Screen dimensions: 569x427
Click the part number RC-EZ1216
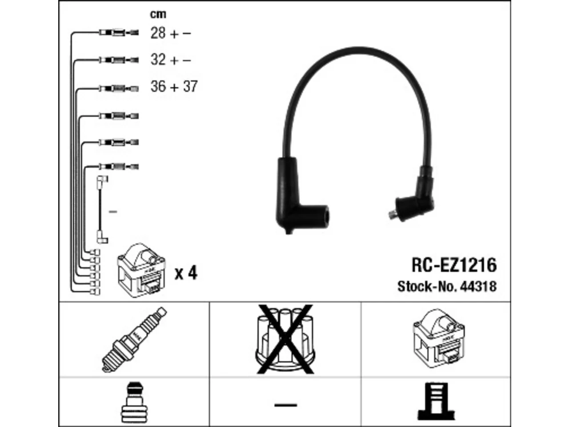454,265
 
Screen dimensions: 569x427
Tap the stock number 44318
478,286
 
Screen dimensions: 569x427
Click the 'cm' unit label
158,14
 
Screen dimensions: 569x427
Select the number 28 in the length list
158,33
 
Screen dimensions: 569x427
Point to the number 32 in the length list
158,60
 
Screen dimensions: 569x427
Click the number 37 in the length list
190,86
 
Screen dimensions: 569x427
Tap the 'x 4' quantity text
186,273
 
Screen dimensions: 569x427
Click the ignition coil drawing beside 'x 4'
141,270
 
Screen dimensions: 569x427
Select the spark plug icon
134,340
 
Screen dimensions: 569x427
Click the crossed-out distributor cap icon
285,339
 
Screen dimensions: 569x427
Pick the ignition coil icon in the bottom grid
439,338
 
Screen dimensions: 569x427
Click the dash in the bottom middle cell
286,405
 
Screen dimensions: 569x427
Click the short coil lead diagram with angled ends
102,210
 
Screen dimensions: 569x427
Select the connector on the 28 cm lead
119,32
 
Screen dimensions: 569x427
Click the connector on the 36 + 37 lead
119,89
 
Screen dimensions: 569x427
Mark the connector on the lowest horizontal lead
119,166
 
